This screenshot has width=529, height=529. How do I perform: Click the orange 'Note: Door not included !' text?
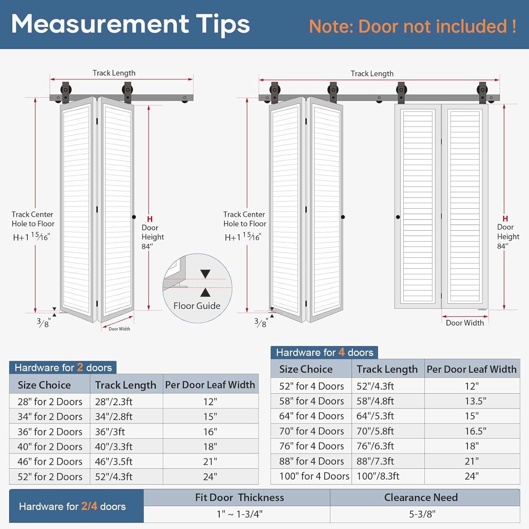click(413, 26)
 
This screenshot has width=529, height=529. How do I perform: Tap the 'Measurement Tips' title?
click(130, 24)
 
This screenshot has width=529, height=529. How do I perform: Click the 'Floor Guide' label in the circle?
click(197, 306)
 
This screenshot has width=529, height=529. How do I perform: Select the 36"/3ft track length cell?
click(110, 432)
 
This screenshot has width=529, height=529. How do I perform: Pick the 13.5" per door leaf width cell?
click(472, 401)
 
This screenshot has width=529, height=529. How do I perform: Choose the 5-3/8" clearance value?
click(422, 514)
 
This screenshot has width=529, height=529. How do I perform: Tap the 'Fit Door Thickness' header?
click(239, 497)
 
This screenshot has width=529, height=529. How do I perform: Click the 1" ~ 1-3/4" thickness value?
click(239, 514)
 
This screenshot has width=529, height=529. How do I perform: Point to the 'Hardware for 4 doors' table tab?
click(324, 352)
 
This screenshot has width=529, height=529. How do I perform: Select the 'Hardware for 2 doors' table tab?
click(63, 367)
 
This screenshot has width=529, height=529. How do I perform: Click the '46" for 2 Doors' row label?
click(50, 461)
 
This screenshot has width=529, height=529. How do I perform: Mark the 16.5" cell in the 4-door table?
click(472, 431)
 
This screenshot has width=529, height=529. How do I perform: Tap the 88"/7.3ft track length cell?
click(375, 461)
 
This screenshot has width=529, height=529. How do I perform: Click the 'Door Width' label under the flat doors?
click(464, 323)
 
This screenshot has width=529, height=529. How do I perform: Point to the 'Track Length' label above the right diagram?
click(372, 73)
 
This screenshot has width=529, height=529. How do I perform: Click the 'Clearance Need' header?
click(421, 497)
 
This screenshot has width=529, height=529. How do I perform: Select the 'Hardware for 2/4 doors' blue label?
click(72, 506)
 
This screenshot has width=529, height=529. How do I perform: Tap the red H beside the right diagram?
click(505, 219)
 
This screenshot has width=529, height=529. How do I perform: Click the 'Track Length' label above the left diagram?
click(114, 73)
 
